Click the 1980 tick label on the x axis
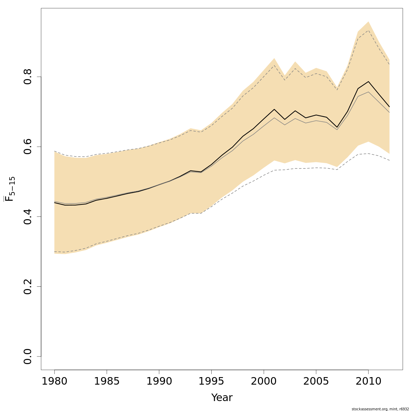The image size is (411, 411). pos(54,381)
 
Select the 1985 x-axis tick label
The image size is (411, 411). pos(107,381)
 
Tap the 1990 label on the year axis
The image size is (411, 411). pos(159,381)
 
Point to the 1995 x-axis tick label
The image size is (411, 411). pos(211,381)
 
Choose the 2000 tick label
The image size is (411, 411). pos(264,381)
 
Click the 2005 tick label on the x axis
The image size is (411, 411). pos(316,381)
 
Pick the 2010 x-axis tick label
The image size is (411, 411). pos(368,381)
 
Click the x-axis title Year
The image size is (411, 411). pos(222,398)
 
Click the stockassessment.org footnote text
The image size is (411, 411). pos(380,409)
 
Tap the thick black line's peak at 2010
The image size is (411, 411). pos(368,82)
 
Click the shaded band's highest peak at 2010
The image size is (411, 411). pos(368,22)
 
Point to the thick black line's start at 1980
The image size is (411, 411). pos(54,202)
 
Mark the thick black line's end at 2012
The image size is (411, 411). pos(389,107)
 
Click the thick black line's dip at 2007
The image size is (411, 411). pos(337,127)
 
